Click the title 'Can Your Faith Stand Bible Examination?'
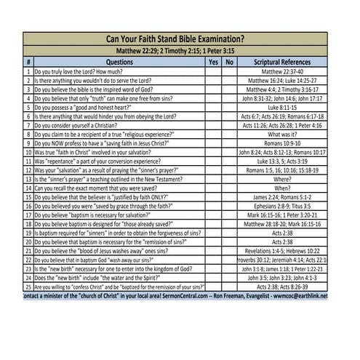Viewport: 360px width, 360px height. click(175, 39)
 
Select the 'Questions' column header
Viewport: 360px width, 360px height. click(115, 63)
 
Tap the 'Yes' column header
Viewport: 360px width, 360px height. click(213, 63)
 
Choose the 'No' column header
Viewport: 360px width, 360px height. click(230, 63)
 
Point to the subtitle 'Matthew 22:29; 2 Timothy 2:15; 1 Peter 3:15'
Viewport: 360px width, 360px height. click(175, 52)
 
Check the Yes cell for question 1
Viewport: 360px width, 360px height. click(213, 73)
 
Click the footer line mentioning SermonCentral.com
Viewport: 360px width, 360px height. click(175, 296)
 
